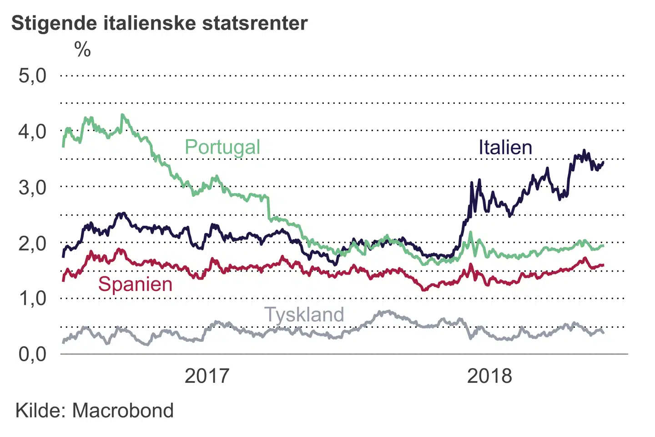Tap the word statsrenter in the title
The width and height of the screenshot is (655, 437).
pyautogui.click(x=255, y=23)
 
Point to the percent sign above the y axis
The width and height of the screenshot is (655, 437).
pyautogui.click(x=82, y=49)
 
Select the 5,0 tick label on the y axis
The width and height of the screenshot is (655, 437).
pyautogui.click(x=32, y=76)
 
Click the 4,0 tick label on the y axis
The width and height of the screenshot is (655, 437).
pyautogui.click(x=32, y=132)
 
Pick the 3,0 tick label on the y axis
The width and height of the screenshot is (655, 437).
pyautogui.click(x=32, y=187)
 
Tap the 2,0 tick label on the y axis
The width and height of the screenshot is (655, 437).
pyautogui.click(x=32, y=243)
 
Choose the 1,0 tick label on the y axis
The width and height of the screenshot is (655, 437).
pyautogui.click(x=32, y=299)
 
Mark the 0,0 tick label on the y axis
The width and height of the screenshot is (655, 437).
pyautogui.click(x=32, y=354)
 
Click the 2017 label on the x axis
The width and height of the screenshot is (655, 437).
pyautogui.click(x=207, y=376)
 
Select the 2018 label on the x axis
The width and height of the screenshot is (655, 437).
pyautogui.click(x=489, y=376)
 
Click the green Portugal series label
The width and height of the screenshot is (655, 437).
pyautogui.click(x=222, y=147)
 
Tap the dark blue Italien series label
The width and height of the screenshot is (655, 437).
pyautogui.click(x=505, y=147)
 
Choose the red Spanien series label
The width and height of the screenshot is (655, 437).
pyautogui.click(x=136, y=284)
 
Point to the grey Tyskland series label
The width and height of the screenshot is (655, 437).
pyautogui.click(x=304, y=315)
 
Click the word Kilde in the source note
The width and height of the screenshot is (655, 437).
pyautogui.click(x=40, y=411)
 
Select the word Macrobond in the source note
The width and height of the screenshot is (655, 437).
pyautogui.click(x=123, y=411)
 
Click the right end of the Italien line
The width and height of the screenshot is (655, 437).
pyautogui.click(x=603, y=162)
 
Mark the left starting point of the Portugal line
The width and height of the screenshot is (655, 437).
pyautogui.click(x=63, y=146)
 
